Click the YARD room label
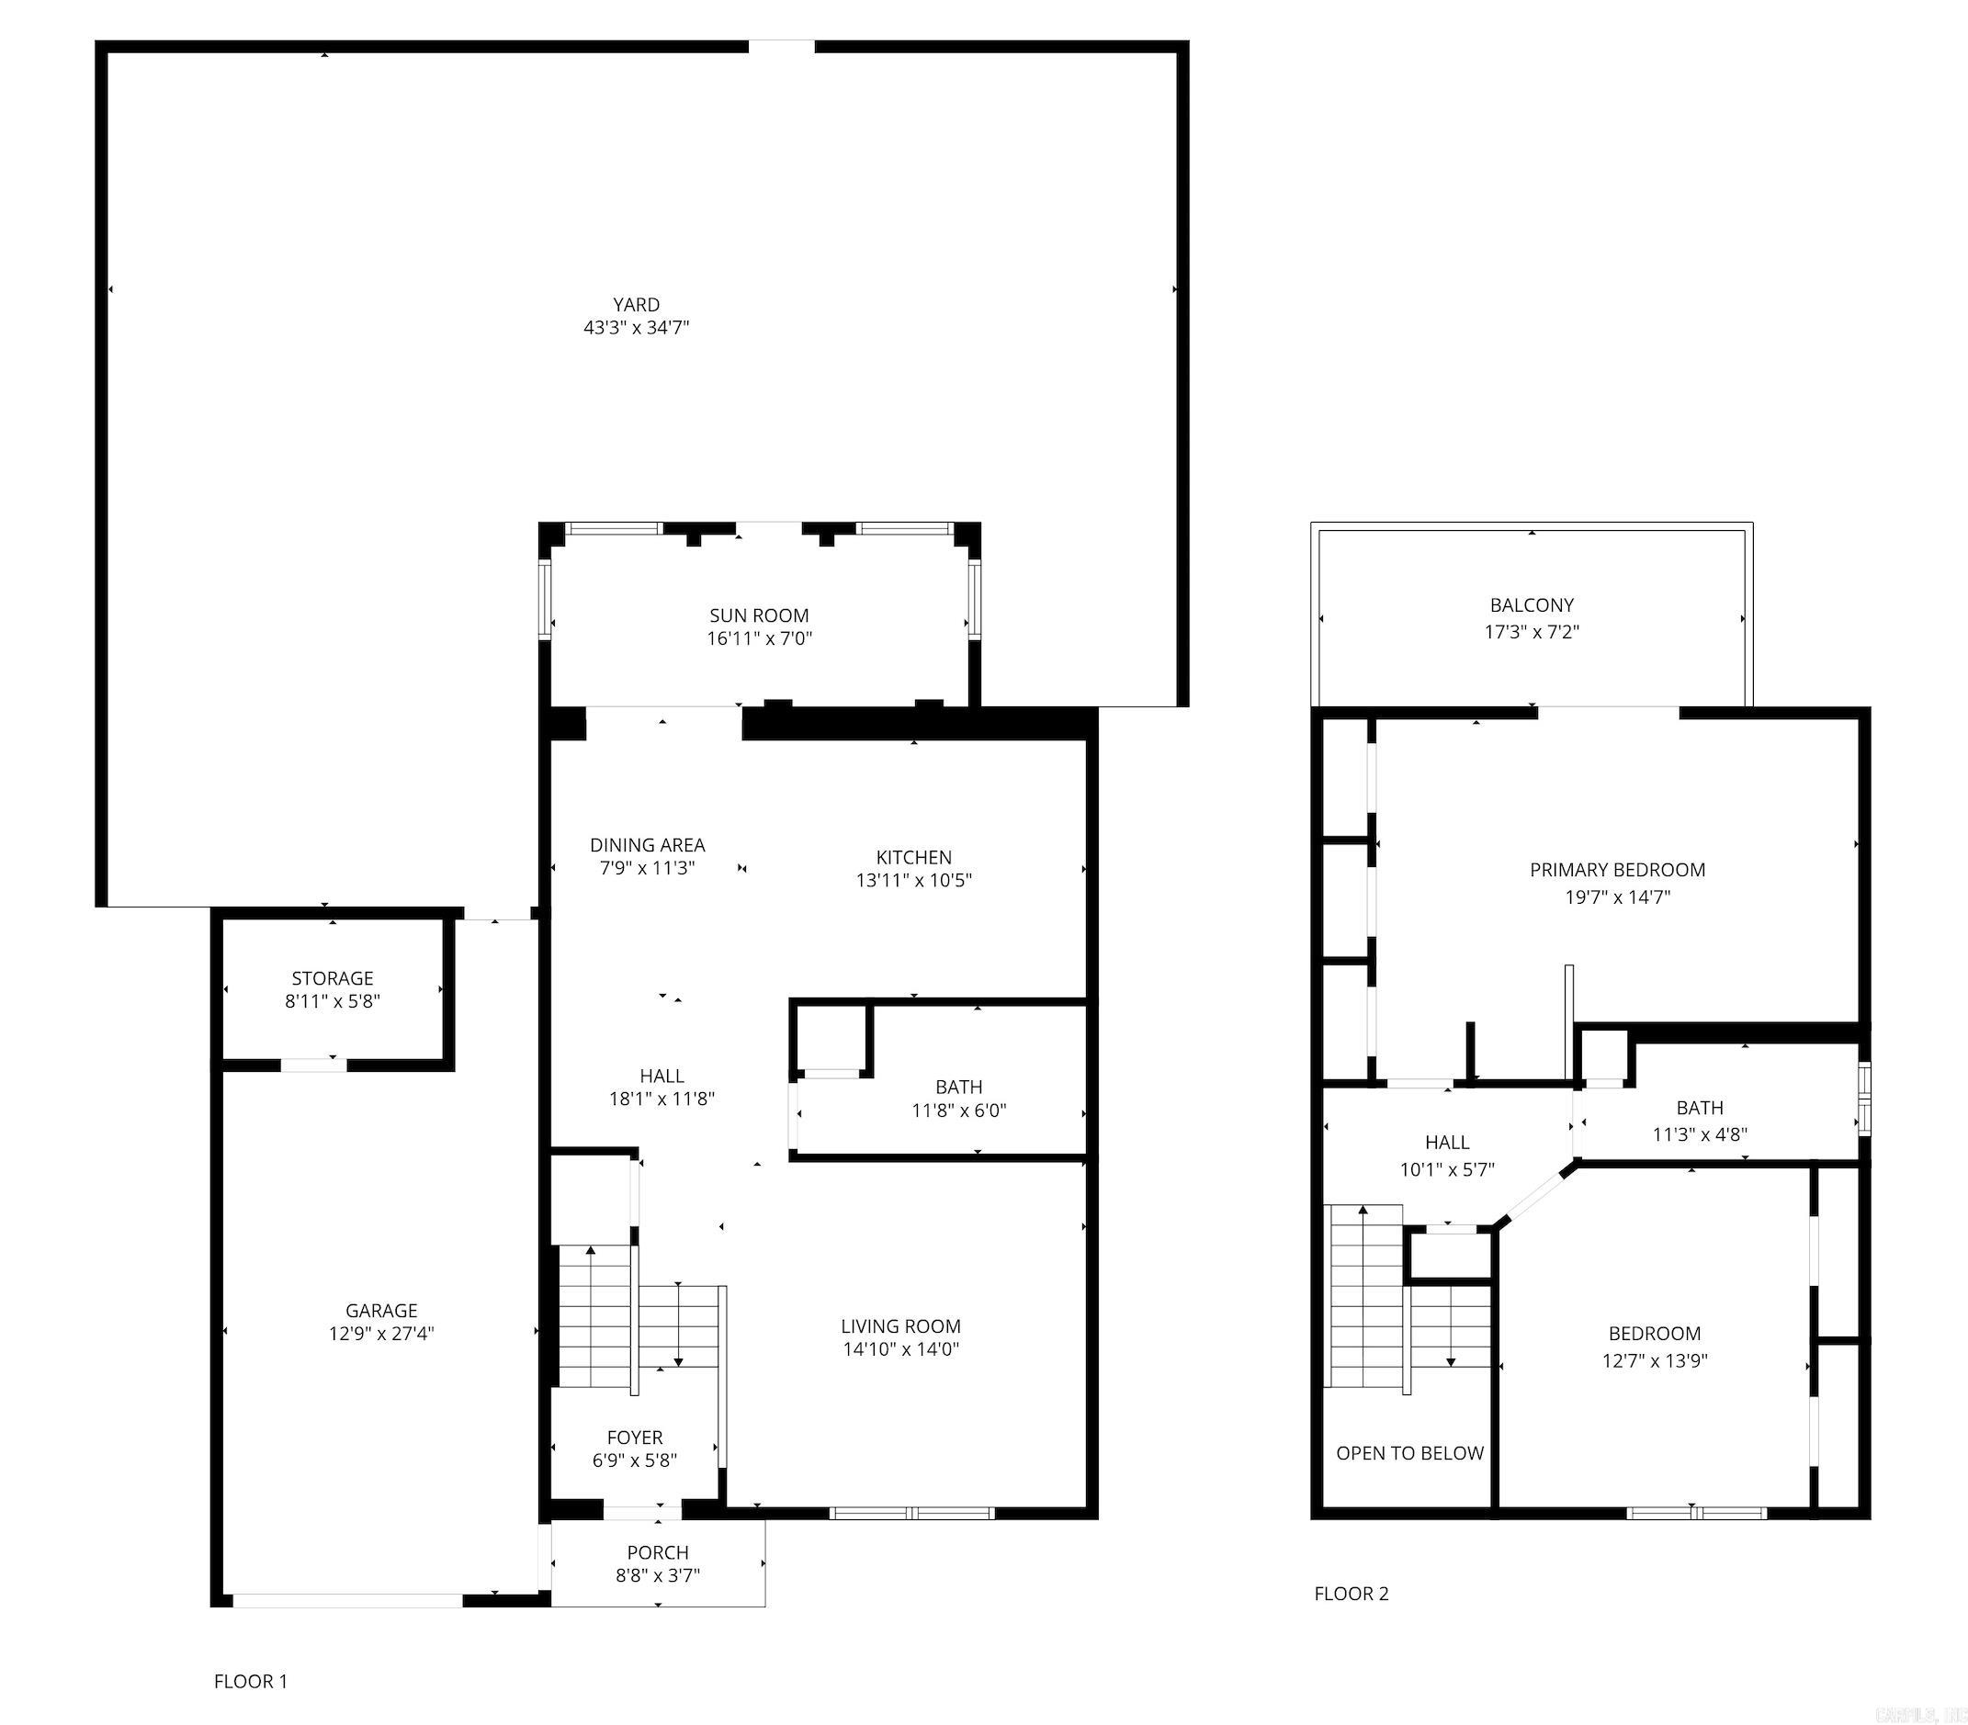(x=636, y=304)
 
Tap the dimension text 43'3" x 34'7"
(x=636, y=327)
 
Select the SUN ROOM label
(x=759, y=615)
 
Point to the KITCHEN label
(x=913, y=857)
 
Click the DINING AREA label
(x=647, y=844)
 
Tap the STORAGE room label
(x=333, y=978)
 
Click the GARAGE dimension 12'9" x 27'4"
(x=381, y=1333)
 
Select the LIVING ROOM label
(x=900, y=1325)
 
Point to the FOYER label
(x=635, y=1437)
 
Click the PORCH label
(x=658, y=1552)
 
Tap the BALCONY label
(x=1532, y=604)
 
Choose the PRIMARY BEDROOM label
(x=1618, y=869)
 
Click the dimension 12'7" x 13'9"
(x=1654, y=1360)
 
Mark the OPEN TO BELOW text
(x=1409, y=1452)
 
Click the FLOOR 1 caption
(x=250, y=1681)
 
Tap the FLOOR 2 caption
(x=1351, y=1593)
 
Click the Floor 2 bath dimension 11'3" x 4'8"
(x=1700, y=1134)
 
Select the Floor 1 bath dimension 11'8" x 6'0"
(x=959, y=1110)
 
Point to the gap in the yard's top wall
(x=781, y=46)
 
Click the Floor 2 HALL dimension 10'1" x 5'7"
(x=1446, y=1169)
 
